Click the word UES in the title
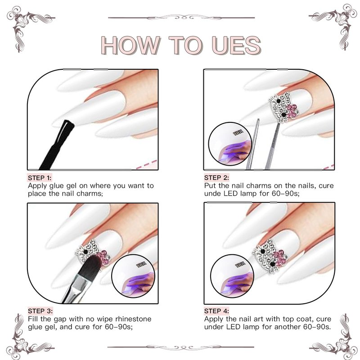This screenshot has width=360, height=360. (237, 45)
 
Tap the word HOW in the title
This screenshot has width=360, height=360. (130, 45)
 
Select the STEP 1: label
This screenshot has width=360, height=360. (40, 178)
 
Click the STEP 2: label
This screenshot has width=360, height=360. (216, 178)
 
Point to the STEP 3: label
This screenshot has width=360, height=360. (40, 311)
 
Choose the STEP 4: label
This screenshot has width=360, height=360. (216, 311)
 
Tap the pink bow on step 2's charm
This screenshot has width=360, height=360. (291, 111)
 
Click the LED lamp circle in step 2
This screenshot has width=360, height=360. (230, 144)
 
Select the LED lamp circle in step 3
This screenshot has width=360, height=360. (133, 276)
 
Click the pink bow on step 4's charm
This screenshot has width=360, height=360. (280, 257)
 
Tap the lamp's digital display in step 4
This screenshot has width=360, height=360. (240, 265)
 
